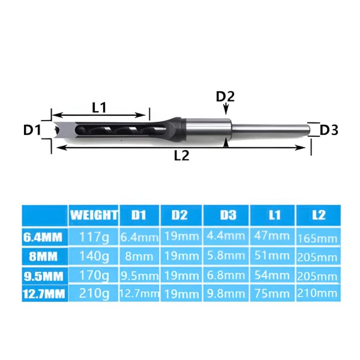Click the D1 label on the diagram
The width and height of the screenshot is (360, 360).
pyautogui.click(x=31, y=129)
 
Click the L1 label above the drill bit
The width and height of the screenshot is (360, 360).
pyautogui.click(x=99, y=108)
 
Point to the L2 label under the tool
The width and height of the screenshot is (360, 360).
pyautogui.click(x=181, y=155)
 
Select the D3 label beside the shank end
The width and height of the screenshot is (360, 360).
pyautogui.click(x=329, y=130)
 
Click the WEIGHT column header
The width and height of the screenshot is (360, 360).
pyautogui.click(x=94, y=214)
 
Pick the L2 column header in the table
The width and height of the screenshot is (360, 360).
pyautogui.click(x=318, y=215)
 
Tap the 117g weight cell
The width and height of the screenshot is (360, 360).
pyautogui.click(x=94, y=238)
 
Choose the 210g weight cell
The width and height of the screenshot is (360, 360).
pyautogui.click(x=94, y=294)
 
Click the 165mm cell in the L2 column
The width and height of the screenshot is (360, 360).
pyautogui.click(x=318, y=238)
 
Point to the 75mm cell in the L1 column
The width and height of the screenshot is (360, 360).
pyautogui.click(x=273, y=294)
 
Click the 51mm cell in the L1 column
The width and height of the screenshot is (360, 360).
pyautogui.click(x=273, y=256)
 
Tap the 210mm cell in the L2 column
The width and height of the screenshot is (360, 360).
pyautogui.click(x=318, y=294)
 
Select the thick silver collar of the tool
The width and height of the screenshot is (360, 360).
pyautogui.click(x=208, y=129)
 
